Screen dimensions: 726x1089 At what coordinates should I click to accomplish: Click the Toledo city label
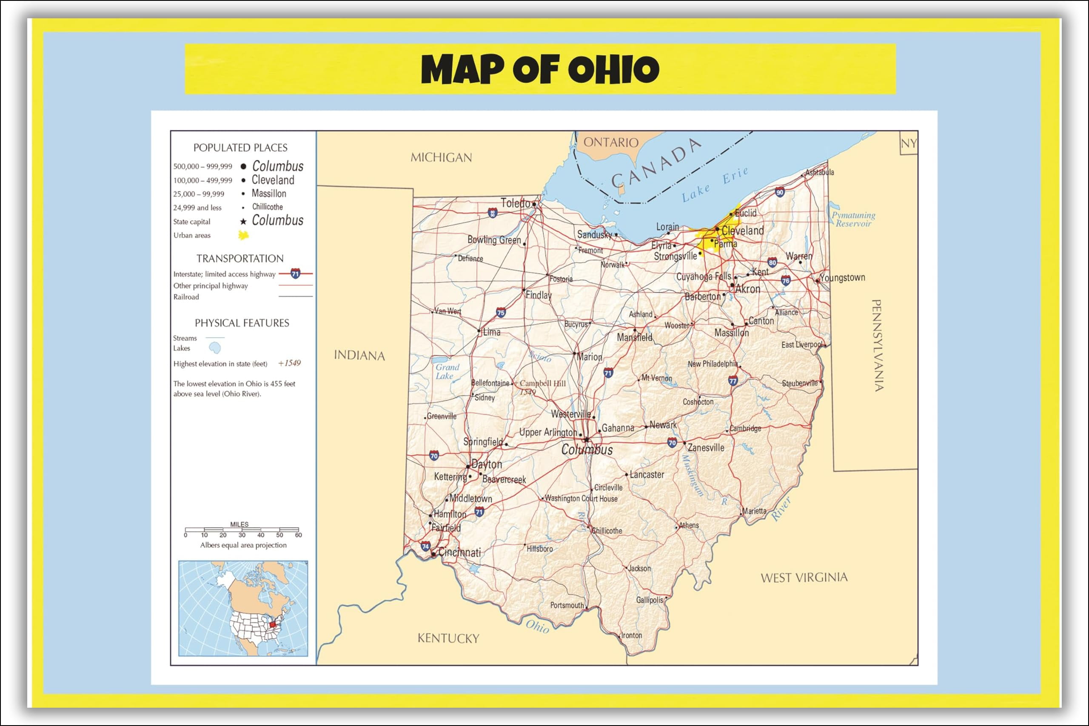tap(515, 203)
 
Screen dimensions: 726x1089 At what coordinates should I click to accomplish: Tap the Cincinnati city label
tap(459, 552)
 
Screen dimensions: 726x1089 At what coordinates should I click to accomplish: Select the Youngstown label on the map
tap(842, 277)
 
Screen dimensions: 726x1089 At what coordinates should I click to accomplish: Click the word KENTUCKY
tap(448, 638)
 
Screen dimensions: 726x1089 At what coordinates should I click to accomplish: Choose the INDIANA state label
tap(359, 355)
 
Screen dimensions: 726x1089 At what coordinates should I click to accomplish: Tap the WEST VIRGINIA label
tap(804, 578)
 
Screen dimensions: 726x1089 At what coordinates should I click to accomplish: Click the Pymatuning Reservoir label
tap(853, 219)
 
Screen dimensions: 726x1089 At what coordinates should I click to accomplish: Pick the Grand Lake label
tap(447, 371)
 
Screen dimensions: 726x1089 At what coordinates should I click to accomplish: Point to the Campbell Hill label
tap(542, 383)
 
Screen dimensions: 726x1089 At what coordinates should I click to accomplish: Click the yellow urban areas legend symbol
tap(243, 235)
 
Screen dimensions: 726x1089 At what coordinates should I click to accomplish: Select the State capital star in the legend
tap(243, 221)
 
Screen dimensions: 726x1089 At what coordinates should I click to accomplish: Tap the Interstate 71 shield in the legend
tap(295, 273)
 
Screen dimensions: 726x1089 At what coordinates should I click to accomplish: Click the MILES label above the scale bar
tap(239, 524)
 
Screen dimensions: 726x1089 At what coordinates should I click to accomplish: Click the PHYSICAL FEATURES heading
tap(242, 323)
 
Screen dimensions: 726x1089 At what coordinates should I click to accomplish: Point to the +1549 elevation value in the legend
tap(289, 363)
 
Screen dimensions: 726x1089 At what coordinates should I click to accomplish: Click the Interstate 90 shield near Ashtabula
tap(780, 192)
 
